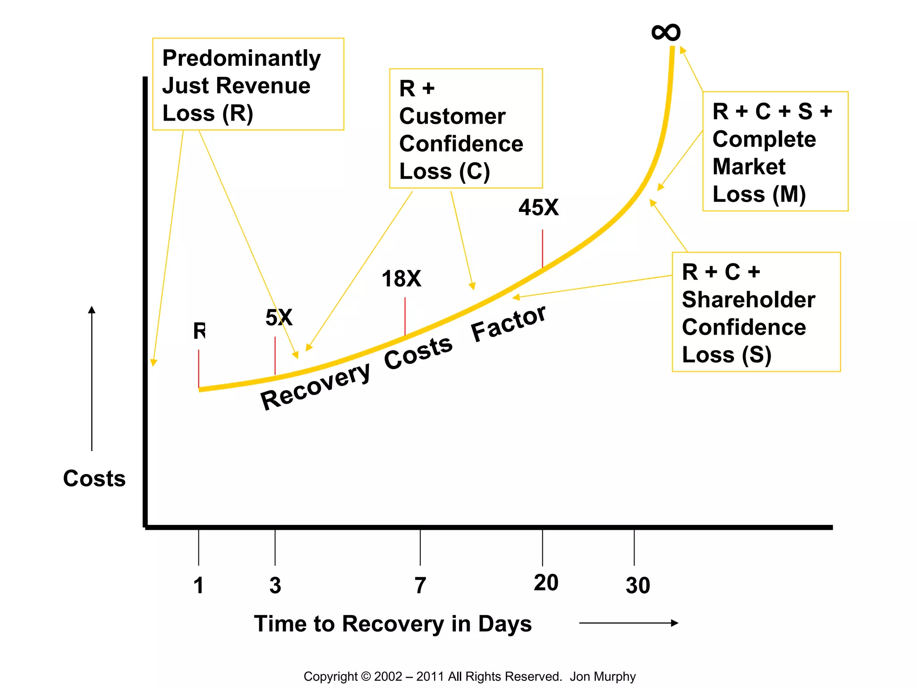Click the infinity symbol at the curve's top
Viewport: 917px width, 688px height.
click(666, 32)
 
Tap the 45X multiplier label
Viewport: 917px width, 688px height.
click(539, 208)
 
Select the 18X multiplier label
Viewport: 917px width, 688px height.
click(401, 279)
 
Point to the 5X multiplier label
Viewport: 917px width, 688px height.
click(279, 318)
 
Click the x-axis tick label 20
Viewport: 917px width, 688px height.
click(546, 583)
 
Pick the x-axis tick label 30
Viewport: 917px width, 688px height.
click(638, 585)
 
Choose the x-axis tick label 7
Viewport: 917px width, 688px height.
click(420, 585)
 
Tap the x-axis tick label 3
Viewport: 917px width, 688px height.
click(275, 585)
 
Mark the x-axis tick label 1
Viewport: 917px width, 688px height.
click(199, 585)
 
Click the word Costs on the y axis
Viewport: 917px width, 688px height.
click(94, 478)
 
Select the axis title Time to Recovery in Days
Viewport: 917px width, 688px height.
click(393, 623)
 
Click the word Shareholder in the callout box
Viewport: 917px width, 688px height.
click(748, 300)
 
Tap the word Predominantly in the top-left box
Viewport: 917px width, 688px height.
click(241, 58)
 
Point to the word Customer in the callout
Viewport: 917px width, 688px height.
click(452, 116)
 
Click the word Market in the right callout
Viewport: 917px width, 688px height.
click(749, 167)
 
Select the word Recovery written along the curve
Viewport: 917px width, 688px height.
click(315, 386)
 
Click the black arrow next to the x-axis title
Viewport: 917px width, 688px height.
click(629, 623)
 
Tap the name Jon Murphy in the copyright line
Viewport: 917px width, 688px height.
click(602, 676)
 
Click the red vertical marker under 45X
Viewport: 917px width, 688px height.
click(543, 249)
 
